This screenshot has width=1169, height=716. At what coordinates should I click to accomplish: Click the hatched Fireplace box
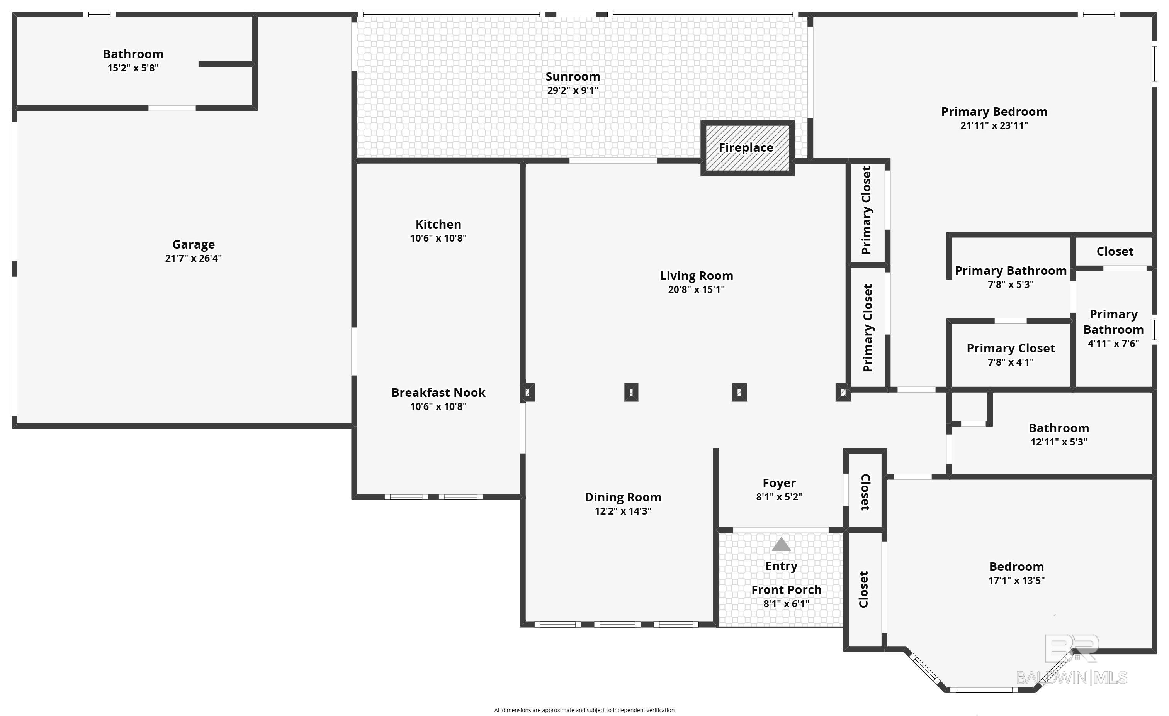pyautogui.click(x=747, y=148)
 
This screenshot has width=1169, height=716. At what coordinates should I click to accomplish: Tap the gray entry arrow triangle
pyautogui.click(x=781, y=544)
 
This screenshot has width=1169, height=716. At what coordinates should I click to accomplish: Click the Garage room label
pyautogui.click(x=194, y=245)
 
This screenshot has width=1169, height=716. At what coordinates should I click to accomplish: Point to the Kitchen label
pyautogui.click(x=438, y=224)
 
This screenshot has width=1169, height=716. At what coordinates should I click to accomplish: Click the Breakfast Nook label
pyautogui.click(x=438, y=393)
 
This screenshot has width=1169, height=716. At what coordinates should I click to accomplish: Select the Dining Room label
pyautogui.click(x=623, y=498)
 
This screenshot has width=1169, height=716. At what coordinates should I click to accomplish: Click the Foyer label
pyautogui.click(x=779, y=483)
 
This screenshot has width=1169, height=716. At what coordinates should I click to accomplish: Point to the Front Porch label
pyautogui.click(x=786, y=590)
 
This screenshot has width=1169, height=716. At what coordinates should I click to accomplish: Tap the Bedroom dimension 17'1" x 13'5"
pyautogui.click(x=1016, y=581)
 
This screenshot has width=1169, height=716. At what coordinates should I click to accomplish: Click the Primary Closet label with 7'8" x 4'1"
pyautogui.click(x=1011, y=349)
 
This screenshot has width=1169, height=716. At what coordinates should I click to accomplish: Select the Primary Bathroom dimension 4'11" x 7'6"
pyautogui.click(x=1113, y=343)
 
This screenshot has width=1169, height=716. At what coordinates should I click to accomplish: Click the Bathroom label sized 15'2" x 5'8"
pyautogui.click(x=133, y=54)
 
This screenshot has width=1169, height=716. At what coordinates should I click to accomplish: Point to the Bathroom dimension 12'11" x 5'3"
pyautogui.click(x=1059, y=442)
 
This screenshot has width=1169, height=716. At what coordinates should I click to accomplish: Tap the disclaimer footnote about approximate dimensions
pyautogui.click(x=584, y=710)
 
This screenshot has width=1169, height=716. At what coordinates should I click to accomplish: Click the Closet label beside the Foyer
pyautogui.click(x=865, y=492)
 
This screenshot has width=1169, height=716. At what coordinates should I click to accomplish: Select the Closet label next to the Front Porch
pyautogui.click(x=863, y=589)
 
